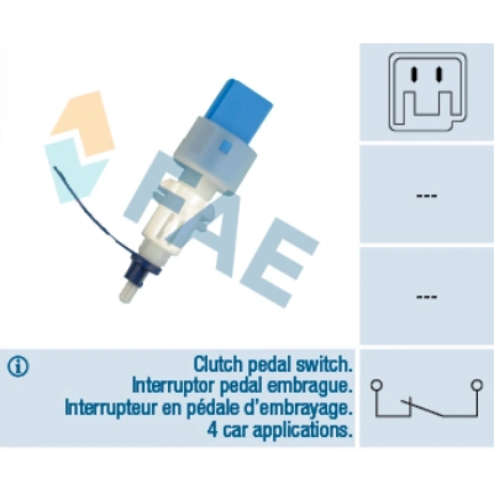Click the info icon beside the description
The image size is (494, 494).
[18, 367]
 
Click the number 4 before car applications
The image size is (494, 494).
[214, 430]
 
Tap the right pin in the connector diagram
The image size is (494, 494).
[438, 74]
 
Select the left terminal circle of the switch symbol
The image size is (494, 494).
[377, 385]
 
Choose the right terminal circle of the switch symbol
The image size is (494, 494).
[477, 385]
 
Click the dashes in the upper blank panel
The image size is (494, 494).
[426, 195]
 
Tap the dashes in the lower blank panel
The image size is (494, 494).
[426, 297]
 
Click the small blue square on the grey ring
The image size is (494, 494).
[226, 146]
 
